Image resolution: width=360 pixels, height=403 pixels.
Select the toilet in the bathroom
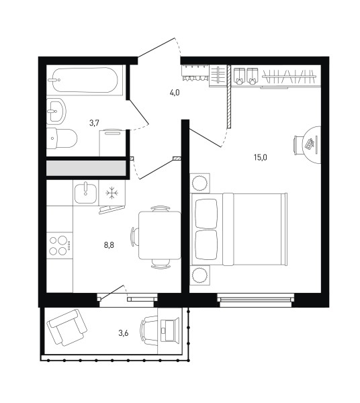coord(62,138)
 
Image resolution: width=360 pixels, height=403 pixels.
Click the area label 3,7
coord(94,123)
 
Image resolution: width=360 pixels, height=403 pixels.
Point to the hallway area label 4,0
coord(175,93)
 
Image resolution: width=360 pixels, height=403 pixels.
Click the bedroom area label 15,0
coord(261,157)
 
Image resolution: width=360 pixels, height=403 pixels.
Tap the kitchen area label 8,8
coord(109,245)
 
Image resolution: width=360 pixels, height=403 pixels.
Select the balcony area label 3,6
coord(124,333)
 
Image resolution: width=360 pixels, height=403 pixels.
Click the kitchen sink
coord(85,192)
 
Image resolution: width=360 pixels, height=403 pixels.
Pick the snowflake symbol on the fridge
coord(112,193)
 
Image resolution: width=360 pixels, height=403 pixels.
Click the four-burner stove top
coord(60,245)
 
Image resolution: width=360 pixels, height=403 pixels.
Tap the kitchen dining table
coord(160,235)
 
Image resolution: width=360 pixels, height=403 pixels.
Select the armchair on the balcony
coord(66,328)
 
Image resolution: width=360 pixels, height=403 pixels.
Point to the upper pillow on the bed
coord(207,214)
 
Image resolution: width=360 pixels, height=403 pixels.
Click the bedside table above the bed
coord(199,183)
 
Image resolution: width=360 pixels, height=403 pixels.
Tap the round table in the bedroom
coord(312,144)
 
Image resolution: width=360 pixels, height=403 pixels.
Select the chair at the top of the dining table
coord(160,208)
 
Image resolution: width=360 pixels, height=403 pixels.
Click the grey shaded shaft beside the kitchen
coord(86,169)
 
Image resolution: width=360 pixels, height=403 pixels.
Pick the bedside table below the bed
coord(199,275)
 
